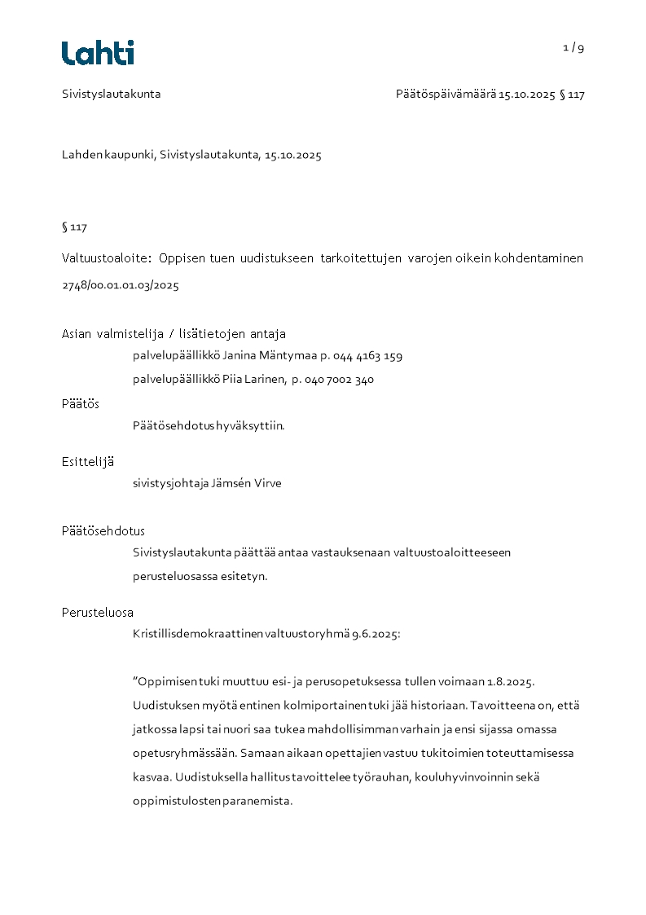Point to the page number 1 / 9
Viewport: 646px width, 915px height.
[573, 47]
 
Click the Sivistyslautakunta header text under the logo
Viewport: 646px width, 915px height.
[112, 94]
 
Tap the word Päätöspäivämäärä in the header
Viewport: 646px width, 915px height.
[446, 94]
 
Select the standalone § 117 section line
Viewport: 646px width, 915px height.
[74, 227]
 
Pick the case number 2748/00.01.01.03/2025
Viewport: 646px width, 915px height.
[121, 285]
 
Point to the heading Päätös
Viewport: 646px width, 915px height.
[81, 403]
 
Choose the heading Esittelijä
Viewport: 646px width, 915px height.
[88, 461]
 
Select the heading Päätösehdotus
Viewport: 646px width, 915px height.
[103, 531]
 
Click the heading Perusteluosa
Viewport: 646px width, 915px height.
[98, 613]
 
